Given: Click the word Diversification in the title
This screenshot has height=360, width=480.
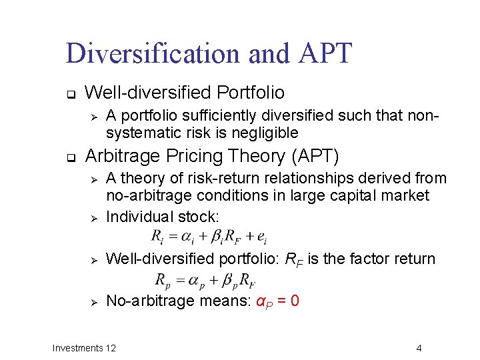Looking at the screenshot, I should (153, 53).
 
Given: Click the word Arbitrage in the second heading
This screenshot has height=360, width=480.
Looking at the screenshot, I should (120, 157).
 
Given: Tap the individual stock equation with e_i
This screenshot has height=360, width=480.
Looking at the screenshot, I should (209, 237).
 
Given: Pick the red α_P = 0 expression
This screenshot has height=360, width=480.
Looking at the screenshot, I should (277, 301).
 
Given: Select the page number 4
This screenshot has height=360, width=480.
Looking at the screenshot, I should (419, 348).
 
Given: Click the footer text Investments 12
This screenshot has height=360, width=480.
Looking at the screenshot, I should (84, 348).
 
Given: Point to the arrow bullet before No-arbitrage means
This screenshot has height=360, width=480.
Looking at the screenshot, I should (94, 302).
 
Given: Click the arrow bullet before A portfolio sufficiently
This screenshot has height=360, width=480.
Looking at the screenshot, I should (94, 117).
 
